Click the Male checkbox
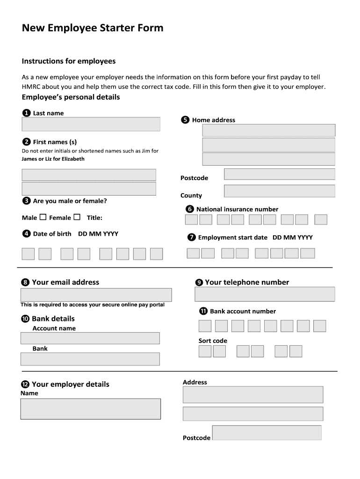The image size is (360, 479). point(43,217)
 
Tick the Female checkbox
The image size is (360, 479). point(77,217)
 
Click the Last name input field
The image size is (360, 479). point(91,124)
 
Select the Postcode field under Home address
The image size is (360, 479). point(279,174)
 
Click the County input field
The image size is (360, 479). point(279,191)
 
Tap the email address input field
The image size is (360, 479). point(96,295)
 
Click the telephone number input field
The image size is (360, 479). point(265,294)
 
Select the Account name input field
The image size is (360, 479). point(90,338)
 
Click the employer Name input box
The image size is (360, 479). point(90,409)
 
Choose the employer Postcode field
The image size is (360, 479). point(266,433)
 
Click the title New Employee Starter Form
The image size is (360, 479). point(93,28)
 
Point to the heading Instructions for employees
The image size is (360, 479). point(69,61)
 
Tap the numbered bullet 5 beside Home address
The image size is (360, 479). point(185,120)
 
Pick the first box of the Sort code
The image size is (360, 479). point(205,351)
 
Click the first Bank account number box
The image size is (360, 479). point(205,326)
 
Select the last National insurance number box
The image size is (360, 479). point(321,220)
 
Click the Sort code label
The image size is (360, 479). point(213,341)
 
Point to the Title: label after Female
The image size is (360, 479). point(94,218)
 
